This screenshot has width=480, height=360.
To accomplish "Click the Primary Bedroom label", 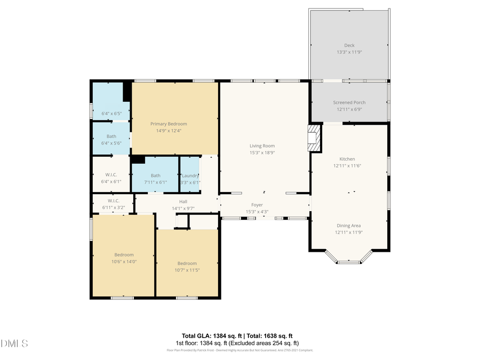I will [169, 124].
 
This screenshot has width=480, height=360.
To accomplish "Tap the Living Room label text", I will [262, 146].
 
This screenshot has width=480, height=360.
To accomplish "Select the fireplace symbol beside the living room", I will [314, 139].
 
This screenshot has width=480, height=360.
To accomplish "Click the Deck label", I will [349, 45].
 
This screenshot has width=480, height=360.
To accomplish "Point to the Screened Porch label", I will [349, 102].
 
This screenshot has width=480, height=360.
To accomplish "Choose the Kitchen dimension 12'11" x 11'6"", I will [347, 166].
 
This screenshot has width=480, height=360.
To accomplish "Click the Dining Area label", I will [348, 226].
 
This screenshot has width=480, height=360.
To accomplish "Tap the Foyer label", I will [258, 205].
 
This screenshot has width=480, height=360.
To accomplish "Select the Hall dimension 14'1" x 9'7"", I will [183, 208].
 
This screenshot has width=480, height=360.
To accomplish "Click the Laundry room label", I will [190, 175].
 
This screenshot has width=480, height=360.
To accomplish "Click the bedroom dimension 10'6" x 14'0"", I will [124, 262].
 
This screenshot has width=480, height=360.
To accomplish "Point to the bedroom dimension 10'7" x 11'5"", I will [187, 270].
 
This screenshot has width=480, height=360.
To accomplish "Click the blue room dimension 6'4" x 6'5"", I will [111, 114].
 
